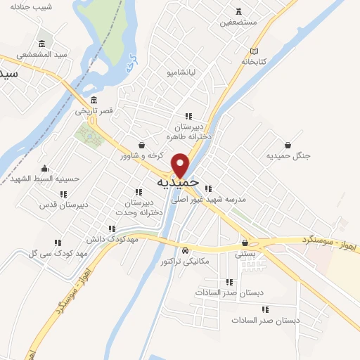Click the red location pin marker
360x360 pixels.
click(181, 165)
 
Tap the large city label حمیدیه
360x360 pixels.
click(178, 183)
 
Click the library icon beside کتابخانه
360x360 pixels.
click(255, 51)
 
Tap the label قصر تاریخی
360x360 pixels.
click(94, 111)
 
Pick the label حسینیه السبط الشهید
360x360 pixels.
click(46, 179)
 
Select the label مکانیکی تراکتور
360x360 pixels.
click(185, 261)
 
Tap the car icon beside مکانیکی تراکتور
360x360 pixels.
click(185, 251)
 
